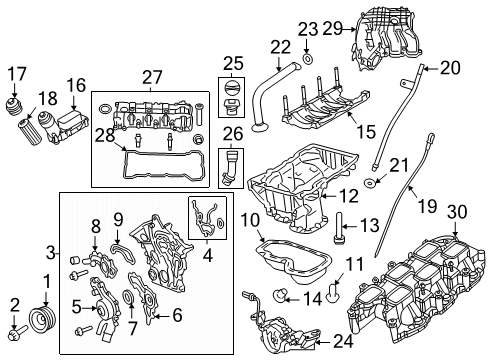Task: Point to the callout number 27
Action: click(152, 76)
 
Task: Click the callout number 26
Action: click(232, 132)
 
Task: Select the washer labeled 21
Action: click(372, 185)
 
